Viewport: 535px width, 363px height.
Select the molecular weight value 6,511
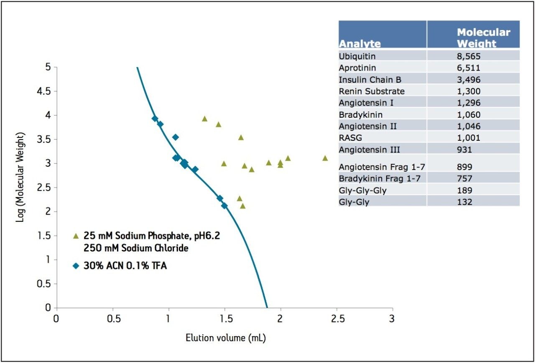[x=469, y=68]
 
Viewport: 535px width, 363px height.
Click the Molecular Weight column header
[x=483, y=38]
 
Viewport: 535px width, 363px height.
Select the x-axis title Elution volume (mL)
[x=226, y=338]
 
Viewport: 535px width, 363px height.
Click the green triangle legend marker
[x=76, y=236]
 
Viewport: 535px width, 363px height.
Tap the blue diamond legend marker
[x=76, y=265]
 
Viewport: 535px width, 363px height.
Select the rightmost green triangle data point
[x=325, y=158]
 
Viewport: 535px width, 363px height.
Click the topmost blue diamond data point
[x=155, y=119]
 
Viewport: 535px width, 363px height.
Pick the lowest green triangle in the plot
[x=242, y=206]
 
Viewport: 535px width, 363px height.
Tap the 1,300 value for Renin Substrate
[x=469, y=91]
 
